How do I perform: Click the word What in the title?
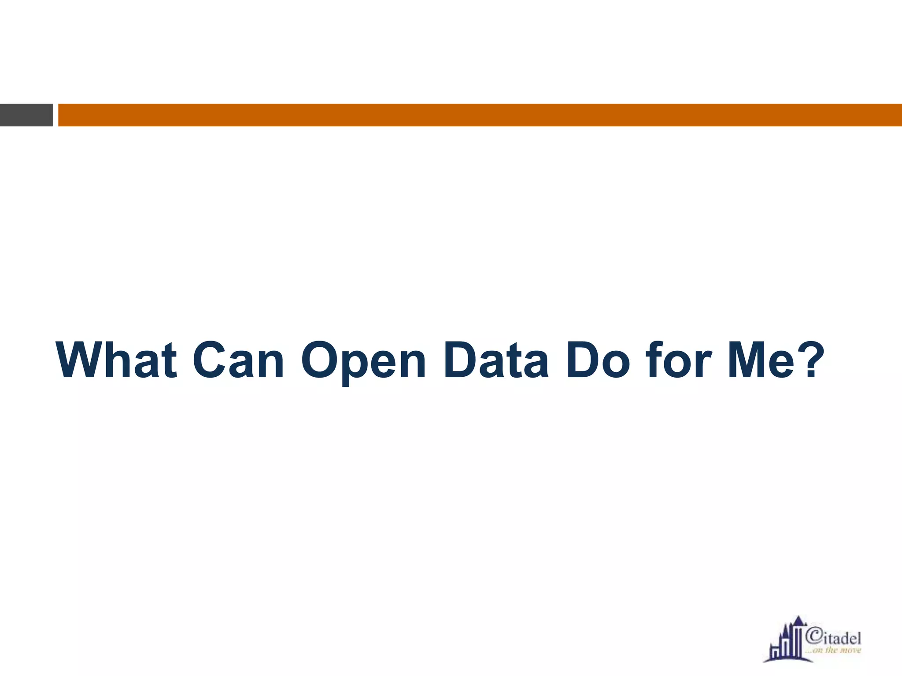point(117,360)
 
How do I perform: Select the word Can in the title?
point(238,360)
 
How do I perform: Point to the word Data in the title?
point(496,360)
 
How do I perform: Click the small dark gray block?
point(26,115)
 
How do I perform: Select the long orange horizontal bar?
point(480,115)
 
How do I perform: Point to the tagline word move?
point(851,650)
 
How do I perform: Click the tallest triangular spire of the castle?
point(798,621)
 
